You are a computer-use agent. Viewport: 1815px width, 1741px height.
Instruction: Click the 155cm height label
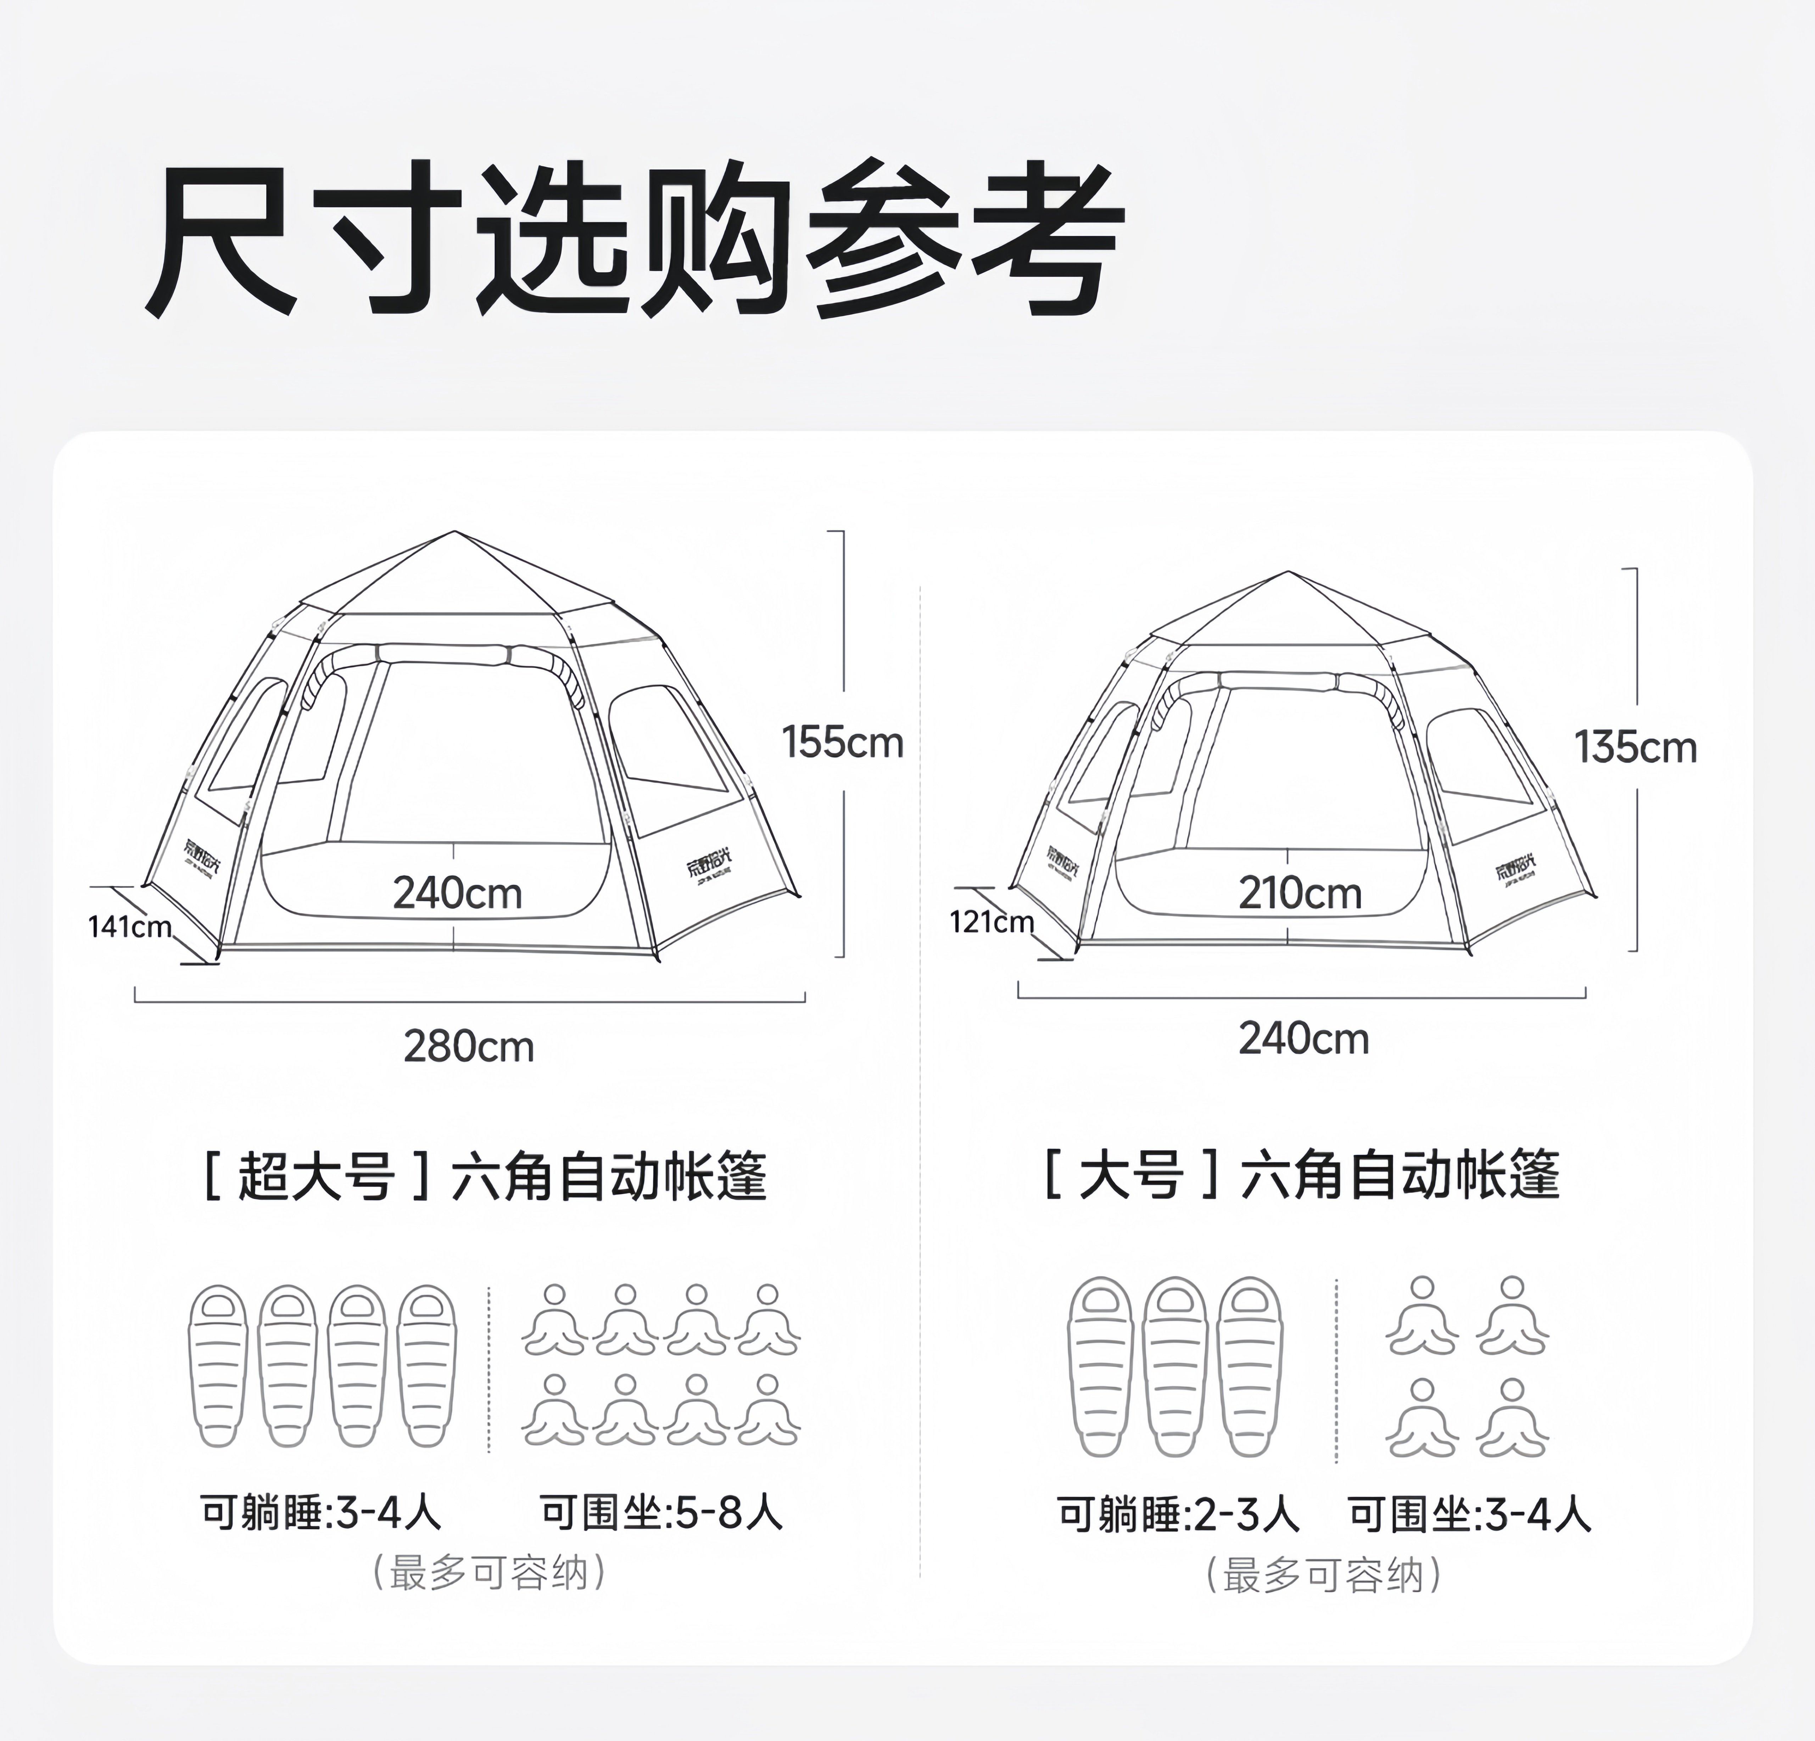[x=842, y=743]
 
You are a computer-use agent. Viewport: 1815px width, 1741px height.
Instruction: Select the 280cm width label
[x=469, y=1047]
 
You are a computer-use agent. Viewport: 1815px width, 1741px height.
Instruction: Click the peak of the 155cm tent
[x=454, y=532]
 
